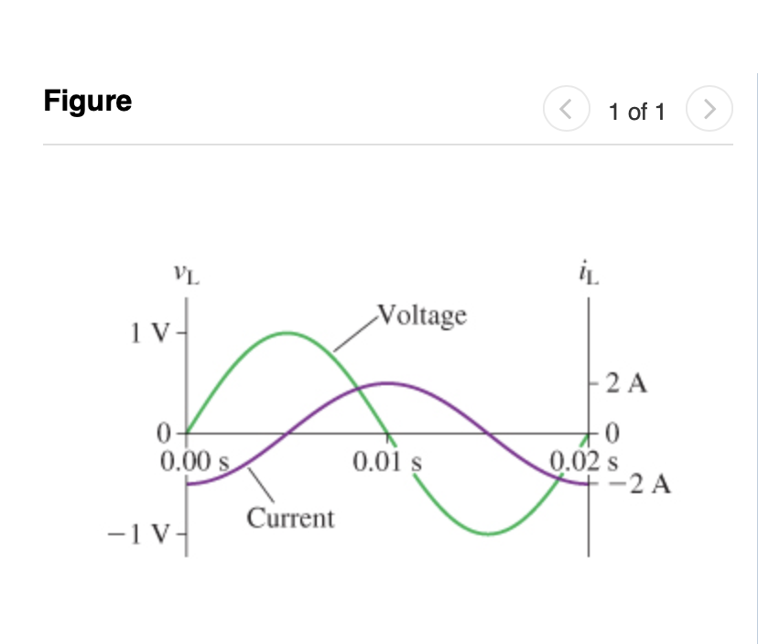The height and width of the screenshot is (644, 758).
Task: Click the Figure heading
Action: [x=87, y=100]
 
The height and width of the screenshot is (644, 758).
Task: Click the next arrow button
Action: [x=710, y=111]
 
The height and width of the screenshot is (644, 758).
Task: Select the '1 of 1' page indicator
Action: [x=637, y=112]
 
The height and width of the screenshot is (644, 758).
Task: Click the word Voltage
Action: [x=421, y=316]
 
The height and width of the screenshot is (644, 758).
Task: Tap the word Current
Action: [x=290, y=519]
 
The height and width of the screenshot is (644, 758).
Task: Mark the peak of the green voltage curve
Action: [x=287, y=332]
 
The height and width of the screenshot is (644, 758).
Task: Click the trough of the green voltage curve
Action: [x=488, y=533]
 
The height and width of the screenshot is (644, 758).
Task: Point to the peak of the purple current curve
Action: [x=387, y=382]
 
